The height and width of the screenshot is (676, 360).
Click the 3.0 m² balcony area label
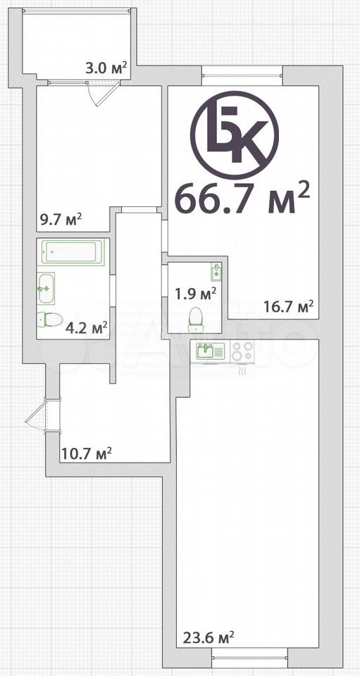tap(106, 68)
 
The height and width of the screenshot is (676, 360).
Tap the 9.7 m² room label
tap(61, 220)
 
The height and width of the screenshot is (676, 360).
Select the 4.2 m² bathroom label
tap(86, 329)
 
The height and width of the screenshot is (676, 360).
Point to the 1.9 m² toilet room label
tap(195, 294)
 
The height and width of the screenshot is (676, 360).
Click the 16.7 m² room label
tap(288, 306)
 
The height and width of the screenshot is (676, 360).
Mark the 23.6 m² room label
tap(209, 637)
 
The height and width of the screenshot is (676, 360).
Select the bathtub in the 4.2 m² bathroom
tap(73, 252)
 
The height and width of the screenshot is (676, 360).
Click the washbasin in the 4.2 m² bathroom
tap(46, 289)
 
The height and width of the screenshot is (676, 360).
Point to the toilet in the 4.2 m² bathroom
tap(49, 320)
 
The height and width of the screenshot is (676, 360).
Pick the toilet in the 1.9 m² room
tap(196, 320)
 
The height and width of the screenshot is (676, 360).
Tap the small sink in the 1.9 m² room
tap(216, 271)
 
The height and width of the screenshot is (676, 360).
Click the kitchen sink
tap(210, 351)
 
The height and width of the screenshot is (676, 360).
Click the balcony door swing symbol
tap(103, 93)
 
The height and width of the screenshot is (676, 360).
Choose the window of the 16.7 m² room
tap(242, 76)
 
